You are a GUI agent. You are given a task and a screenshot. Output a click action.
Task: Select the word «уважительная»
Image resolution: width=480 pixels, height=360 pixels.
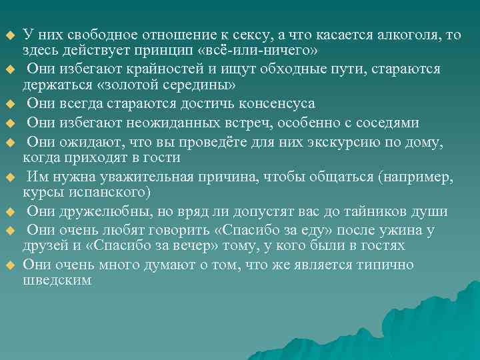tap(124, 177)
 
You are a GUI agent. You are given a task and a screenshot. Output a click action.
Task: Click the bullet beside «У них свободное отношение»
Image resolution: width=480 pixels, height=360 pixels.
tap(9, 35)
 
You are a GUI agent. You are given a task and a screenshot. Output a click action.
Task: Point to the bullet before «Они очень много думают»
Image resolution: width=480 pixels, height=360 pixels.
tap(9, 265)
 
